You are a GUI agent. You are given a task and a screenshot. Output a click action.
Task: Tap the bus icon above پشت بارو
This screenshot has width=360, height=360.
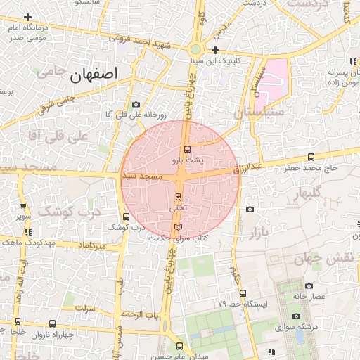187,149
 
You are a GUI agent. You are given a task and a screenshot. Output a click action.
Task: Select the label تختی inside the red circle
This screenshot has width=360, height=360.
178,208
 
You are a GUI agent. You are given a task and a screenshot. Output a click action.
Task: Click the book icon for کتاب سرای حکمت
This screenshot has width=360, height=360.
177,227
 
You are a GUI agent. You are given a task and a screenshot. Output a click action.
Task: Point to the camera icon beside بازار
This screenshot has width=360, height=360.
250,209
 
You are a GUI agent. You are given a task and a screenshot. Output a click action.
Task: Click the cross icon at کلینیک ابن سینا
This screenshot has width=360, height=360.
215,50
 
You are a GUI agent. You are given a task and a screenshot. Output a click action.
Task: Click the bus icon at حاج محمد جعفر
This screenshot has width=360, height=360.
311,157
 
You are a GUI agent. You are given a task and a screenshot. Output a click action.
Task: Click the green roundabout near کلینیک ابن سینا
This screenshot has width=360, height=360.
195,49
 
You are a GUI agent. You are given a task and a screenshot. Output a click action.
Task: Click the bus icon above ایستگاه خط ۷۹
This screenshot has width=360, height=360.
243,293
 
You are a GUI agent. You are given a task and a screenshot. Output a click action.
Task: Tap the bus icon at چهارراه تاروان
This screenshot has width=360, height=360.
52,323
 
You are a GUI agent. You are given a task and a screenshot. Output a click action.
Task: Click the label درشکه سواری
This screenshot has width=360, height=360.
284,327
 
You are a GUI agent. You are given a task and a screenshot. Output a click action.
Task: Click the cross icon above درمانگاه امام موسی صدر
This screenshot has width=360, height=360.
27,17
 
